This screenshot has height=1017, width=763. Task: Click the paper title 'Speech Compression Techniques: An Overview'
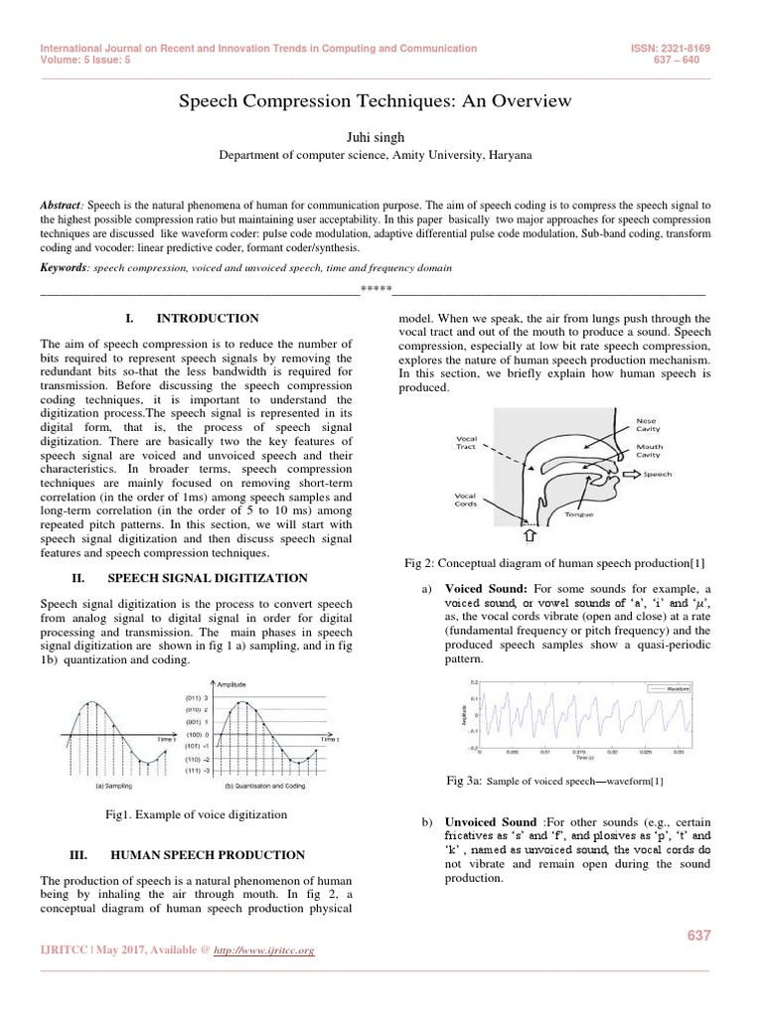pos(375,100)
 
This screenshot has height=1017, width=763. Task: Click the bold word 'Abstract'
pos(62,205)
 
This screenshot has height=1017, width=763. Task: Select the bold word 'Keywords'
pos(63,268)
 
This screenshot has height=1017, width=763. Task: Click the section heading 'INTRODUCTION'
pos(208,319)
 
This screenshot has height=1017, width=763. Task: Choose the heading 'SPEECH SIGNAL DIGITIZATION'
pos(208,578)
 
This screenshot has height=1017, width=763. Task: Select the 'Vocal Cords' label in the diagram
pos(465,500)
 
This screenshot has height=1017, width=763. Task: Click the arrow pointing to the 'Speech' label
pos(628,474)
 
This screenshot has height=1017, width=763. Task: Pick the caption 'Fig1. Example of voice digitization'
pos(197,814)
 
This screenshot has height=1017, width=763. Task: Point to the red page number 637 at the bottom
pos(699,937)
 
